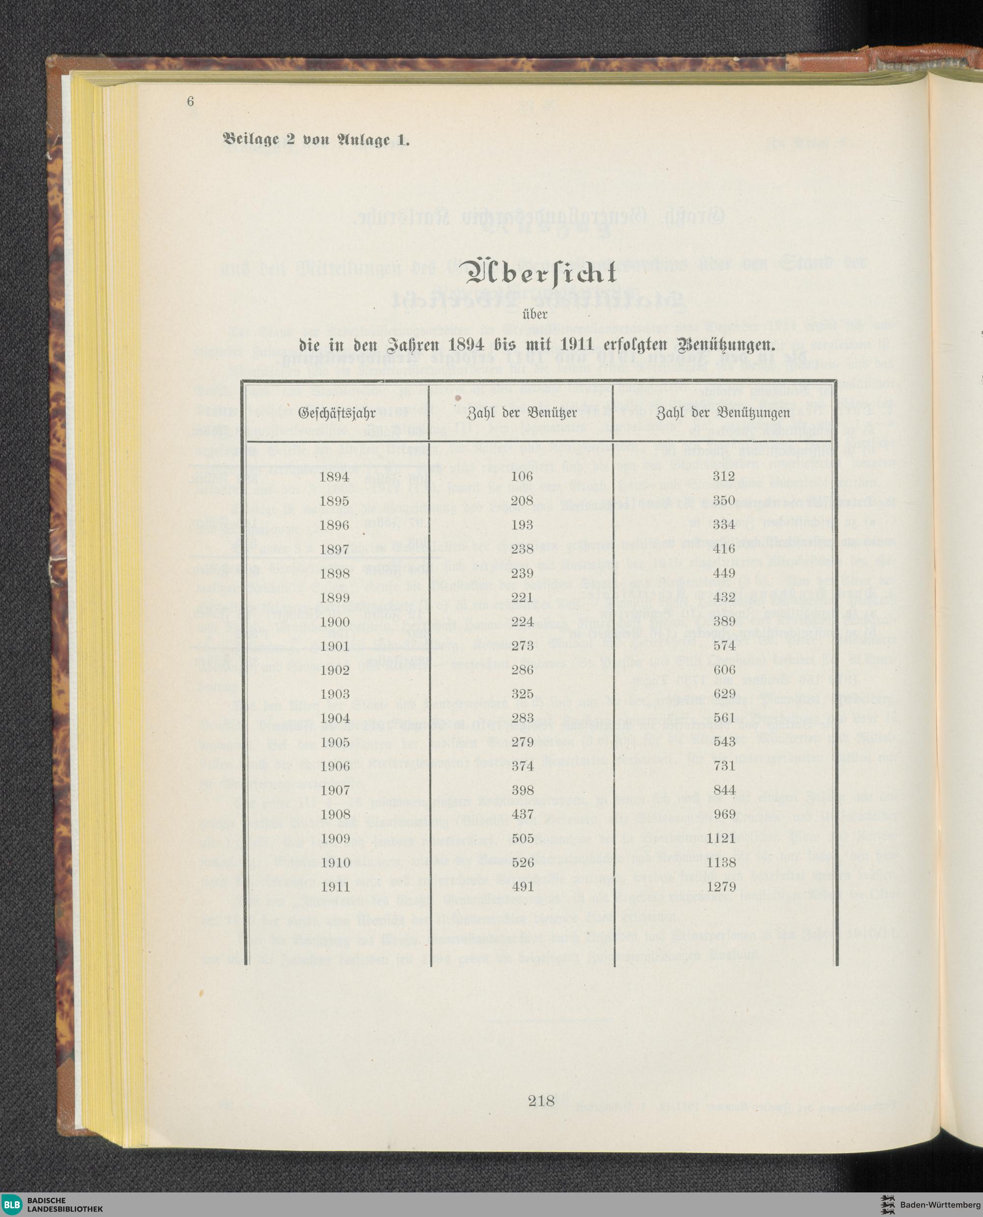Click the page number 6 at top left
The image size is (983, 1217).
pos(190,101)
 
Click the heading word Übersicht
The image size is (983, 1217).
pos(541,276)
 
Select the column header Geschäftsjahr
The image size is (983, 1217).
pos(337,412)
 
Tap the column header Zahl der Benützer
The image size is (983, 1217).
pos(521,412)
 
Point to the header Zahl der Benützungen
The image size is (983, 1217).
pos(723,412)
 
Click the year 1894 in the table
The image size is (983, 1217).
pos(334,477)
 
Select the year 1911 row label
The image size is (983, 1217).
pos(334,887)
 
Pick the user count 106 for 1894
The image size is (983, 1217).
pos(521,477)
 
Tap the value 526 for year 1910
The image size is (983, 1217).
pos(521,863)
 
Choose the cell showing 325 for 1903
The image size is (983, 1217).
pos(521,694)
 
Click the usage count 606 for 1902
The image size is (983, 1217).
pos(723,669)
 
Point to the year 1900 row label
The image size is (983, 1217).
pos(334,622)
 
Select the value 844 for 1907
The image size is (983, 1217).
pos(723,790)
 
